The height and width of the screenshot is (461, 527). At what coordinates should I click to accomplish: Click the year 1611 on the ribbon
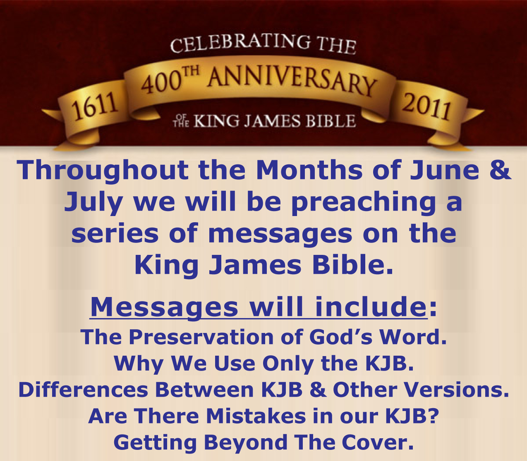[x=94, y=107]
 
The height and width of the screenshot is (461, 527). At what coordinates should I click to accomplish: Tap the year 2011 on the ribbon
[x=426, y=107]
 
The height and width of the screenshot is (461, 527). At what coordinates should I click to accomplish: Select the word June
[x=444, y=170]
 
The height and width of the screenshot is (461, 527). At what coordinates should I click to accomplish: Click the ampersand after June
[x=500, y=170]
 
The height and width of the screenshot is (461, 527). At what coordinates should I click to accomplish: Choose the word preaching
[x=363, y=202]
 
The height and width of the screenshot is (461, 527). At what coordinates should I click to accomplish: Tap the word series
[x=115, y=233]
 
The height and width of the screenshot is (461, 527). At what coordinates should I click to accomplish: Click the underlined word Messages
[x=164, y=307]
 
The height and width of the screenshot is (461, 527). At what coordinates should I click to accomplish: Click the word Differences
[x=83, y=390]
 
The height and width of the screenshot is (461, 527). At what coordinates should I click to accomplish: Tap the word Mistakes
[x=256, y=416]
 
